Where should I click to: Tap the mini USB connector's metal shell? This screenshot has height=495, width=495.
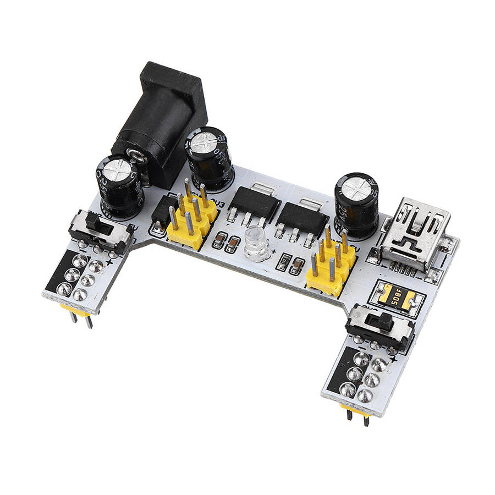415,231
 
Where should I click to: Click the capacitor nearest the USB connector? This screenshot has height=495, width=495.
356,204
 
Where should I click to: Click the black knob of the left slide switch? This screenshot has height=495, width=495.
94,223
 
